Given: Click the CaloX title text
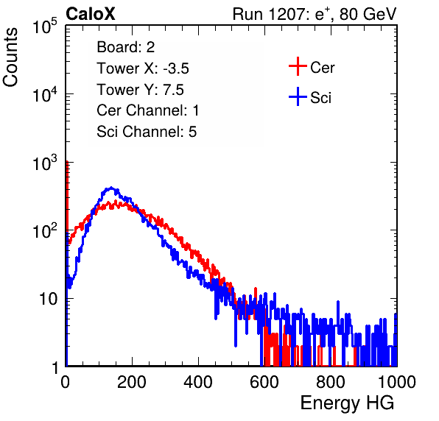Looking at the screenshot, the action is (90, 14).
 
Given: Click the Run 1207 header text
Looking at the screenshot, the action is (315, 14).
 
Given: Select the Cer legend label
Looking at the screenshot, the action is (322, 68).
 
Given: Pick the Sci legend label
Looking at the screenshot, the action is (320, 98).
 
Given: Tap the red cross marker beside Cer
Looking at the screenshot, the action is (298, 66).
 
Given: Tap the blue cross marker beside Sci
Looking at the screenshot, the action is (298, 96).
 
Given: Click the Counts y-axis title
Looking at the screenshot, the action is (10, 57).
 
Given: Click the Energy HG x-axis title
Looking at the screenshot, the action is (347, 403).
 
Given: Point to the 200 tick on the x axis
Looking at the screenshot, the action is (132, 382).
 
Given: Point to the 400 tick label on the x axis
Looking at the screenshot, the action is (198, 382).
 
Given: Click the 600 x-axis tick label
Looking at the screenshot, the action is (264, 382).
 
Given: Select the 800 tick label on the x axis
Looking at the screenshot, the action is (331, 382).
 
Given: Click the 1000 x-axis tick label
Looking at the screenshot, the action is (397, 382).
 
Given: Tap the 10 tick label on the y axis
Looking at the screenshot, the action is (49, 299).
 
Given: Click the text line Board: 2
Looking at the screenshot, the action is (126, 47).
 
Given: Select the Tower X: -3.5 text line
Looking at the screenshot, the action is (143, 68).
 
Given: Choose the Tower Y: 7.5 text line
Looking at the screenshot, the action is (140, 90).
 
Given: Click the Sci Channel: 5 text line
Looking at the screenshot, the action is (147, 132).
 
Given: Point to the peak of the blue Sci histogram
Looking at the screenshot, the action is (111, 188).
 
